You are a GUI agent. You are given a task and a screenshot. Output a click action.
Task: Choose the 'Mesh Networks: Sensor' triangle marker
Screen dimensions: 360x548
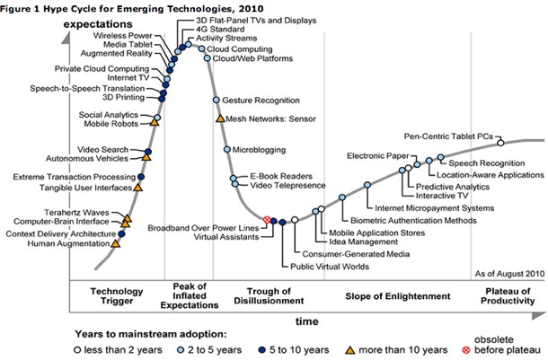220,118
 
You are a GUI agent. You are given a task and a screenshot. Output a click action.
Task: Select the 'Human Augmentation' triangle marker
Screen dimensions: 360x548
115,242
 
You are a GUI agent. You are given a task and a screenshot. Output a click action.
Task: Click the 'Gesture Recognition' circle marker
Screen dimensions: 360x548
216,100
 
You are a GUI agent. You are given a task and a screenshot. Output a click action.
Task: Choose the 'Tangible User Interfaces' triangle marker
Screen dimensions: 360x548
137,188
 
